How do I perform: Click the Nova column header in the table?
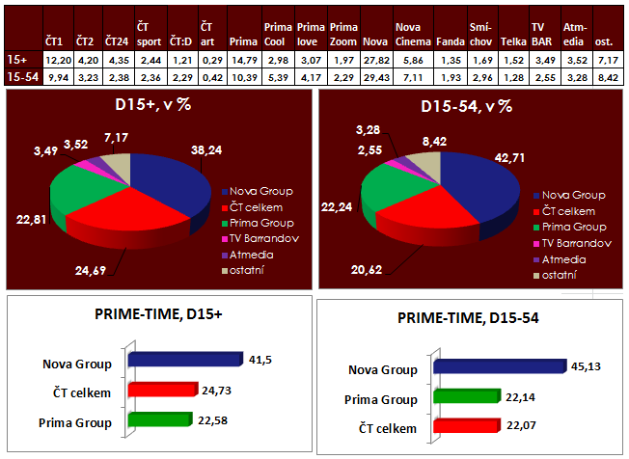tap(375, 43)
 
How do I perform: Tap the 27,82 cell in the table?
tap(375, 61)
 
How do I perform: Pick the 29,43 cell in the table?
tap(375, 75)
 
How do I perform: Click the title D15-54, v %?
tap(471, 104)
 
